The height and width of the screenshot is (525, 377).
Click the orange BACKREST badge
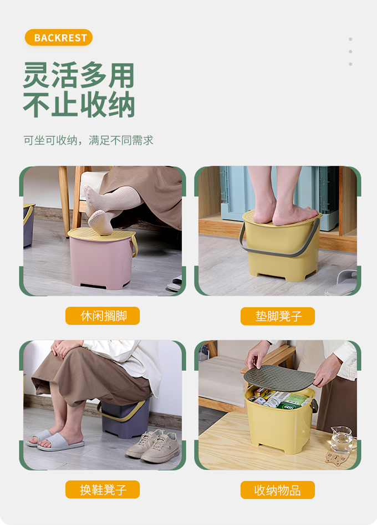coord(59,38)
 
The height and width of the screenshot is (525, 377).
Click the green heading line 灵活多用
coord(79,75)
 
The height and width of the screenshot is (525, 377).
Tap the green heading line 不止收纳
coord(79,105)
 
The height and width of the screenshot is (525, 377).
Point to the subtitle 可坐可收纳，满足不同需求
coord(88,140)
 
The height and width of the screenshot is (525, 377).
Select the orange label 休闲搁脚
coord(103,316)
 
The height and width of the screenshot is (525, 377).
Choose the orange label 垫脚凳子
coord(278,316)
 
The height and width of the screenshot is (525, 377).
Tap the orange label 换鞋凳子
coord(103,490)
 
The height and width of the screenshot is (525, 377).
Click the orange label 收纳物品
coord(278,490)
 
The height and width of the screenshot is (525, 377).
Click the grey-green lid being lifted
coord(279,378)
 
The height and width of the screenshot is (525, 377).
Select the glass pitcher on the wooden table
coord(341,439)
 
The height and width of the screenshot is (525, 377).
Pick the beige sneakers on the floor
coord(154,446)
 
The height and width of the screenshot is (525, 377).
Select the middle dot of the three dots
coord(350,52)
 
